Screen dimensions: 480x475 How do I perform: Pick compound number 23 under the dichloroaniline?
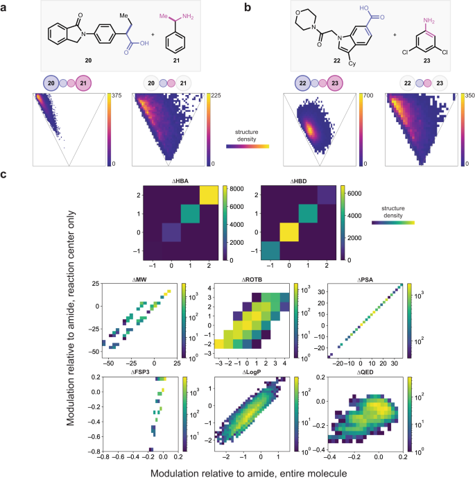(x=420, y=60)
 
